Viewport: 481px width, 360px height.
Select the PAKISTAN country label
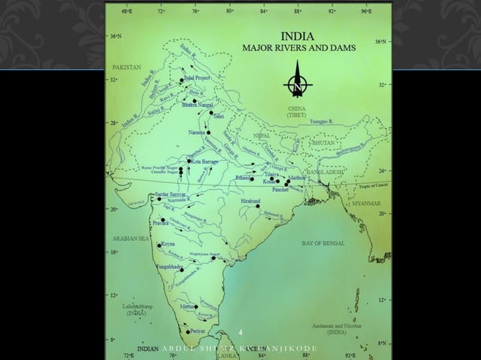coord(126,67)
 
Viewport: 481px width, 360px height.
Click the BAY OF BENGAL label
coord(323,243)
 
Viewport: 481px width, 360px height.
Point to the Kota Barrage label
coord(205,161)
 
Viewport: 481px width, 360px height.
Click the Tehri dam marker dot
coord(212,114)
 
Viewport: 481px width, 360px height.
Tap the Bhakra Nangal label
coord(198,106)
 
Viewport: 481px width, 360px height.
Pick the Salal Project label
coord(198,78)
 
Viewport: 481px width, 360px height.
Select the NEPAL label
coord(262,136)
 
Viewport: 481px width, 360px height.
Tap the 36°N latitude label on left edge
coord(113,35)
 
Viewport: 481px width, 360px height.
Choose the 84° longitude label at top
coord(262,12)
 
